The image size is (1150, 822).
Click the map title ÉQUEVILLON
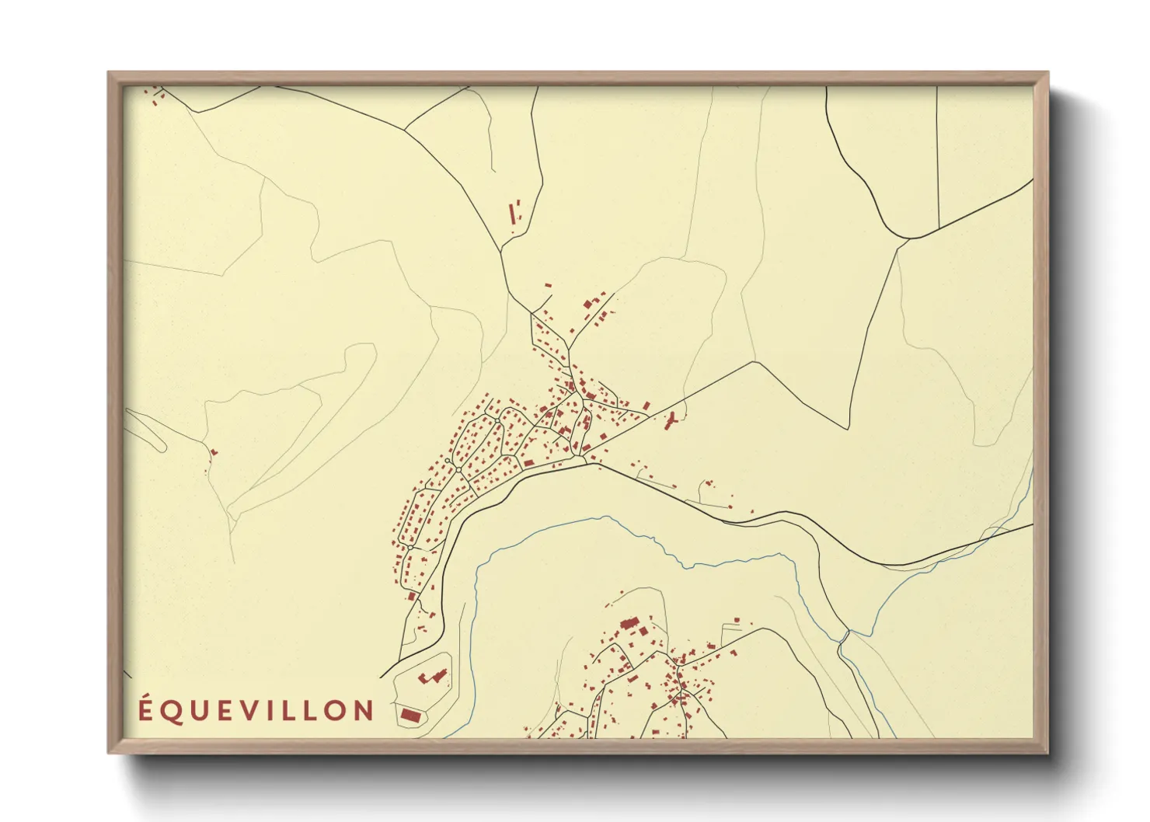tap(256, 710)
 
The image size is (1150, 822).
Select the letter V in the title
tap(247, 710)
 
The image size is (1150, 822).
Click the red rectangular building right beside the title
tap(409, 713)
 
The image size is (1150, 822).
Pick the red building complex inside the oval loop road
tap(432, 676)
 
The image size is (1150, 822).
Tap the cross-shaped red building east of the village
tap(671, 421)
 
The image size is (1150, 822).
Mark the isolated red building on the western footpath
tap(214, 451)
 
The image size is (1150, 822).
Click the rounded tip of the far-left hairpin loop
tap(162, 445)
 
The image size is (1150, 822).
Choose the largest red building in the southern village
tap(629, 623)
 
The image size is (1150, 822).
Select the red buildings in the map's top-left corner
tap(156, 96)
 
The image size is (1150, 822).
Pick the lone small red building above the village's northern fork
tap(548, 285)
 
